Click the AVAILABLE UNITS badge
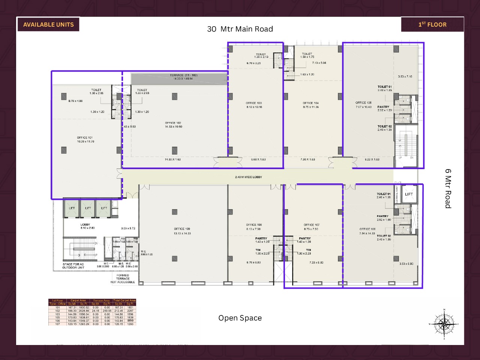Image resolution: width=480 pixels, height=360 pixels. click(48, 25)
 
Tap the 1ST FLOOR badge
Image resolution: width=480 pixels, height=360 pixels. click(432, 25)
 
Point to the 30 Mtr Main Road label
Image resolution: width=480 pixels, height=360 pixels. click(240, 29)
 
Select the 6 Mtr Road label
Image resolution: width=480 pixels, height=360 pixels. click(448, 188)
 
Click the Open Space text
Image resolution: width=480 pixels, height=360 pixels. click(240, 318)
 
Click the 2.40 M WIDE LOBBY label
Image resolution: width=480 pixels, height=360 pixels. click(248, 177)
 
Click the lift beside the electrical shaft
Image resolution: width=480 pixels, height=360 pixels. click(409, 194)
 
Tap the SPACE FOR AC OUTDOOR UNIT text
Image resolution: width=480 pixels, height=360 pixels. click(73, 266)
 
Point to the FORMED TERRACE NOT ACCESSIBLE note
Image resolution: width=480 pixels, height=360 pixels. click(123, 279)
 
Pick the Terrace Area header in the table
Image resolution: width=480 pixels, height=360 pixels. click(101, 300)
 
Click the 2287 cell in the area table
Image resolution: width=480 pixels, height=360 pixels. click(130, 311)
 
